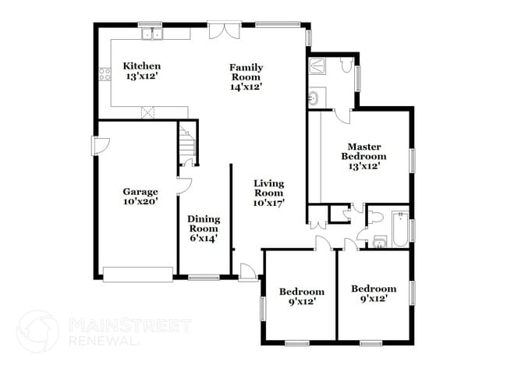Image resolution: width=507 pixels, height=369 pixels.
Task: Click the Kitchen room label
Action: click(x=143, y=66)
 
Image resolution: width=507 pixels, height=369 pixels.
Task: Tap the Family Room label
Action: click(x=245, y=67)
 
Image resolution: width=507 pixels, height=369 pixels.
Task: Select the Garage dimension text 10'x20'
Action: click(x=140, y=201)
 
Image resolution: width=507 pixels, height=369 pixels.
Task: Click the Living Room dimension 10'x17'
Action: click(x=268, y=202)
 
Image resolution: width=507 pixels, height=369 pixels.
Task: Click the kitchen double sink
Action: click(x=150, y=34)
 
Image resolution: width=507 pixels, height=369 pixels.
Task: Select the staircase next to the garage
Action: click(x=186, y=144)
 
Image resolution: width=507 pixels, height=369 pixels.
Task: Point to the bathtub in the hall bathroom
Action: click(x=399, y=228)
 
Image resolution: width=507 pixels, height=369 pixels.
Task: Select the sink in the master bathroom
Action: click(x=315, y=99)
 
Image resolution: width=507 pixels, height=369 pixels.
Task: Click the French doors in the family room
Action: click(x=220, y=31)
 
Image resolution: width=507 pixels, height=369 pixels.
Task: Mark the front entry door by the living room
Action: click(x=248, y=272)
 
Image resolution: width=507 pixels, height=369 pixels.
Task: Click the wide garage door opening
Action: click(x=137, y=274)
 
